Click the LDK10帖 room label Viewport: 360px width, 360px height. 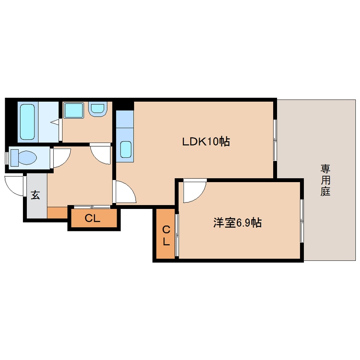(x=206, y=142)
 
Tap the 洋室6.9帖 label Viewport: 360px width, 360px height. (x=237, y=223)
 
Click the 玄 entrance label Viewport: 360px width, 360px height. (x=35, y=196)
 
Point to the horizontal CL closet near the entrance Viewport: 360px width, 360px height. (x=92, y=219)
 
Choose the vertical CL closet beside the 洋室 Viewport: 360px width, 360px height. (x=166, y=235)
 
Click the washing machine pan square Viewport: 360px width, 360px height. (x=74, y=111)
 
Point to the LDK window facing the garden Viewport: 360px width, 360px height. (x=275, y=140)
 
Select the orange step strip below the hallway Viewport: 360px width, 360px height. (x=57, y=212)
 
